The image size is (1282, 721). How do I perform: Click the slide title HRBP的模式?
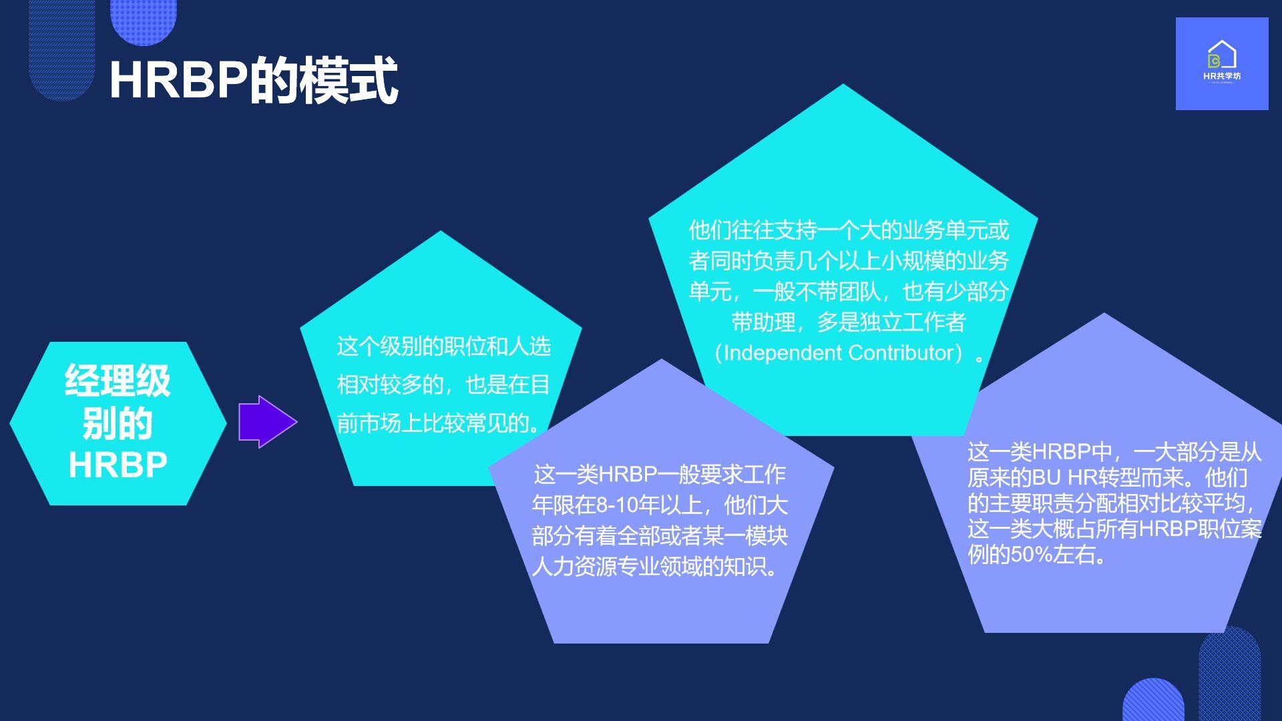254,81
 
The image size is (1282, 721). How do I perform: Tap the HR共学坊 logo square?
1222,63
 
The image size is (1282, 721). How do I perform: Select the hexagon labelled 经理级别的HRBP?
118,423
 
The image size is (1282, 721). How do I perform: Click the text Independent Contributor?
839,352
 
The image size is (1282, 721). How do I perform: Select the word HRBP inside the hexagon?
118,465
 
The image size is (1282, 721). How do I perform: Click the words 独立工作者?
912,322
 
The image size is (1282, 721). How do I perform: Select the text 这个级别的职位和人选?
444,346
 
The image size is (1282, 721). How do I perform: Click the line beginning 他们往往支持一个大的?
849,230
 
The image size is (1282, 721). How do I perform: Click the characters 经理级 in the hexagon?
118,381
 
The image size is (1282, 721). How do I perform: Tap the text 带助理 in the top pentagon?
763,322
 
